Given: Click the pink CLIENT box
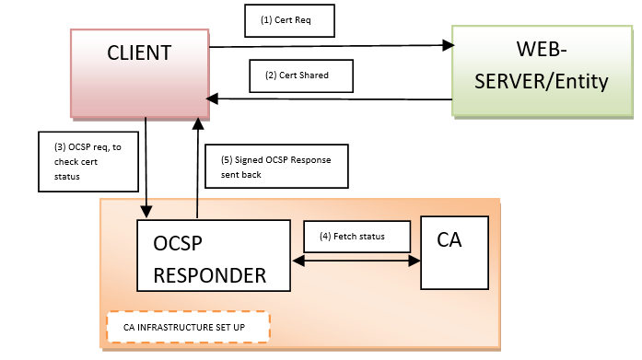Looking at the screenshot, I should [x=139, y=72].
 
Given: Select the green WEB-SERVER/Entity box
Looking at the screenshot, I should [x=542, y=70].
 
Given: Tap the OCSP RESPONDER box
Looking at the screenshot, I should [x=213, y=259].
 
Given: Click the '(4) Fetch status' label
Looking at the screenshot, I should [x=357, y=236].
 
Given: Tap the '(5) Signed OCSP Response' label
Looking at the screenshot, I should [x=276, y=166].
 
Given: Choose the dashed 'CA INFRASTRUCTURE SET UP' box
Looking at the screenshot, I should [x=188, y=327].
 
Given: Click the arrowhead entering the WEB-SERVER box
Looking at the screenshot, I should [x=449, y=44].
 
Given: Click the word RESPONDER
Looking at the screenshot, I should [x=210, y=274].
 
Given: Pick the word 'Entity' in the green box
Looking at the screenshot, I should [x=579, y=82].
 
